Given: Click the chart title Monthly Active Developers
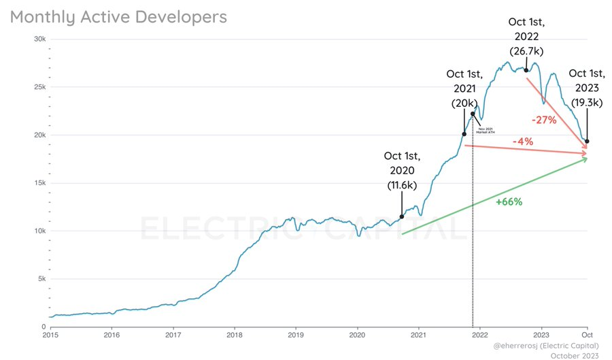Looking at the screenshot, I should click(x=118, y=17).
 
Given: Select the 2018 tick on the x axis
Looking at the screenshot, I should click(x=235, y=335).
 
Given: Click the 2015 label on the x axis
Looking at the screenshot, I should click(x=50, y=335).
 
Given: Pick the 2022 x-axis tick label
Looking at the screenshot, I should click(x=480, y=335).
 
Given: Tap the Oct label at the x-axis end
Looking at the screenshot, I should click(x=588, y=335).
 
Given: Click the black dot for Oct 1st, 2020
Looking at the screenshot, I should click(x=401, y=216).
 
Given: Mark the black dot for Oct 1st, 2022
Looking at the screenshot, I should click(x=526, y=70).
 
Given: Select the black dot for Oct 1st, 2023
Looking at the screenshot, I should click(x=587, y=142).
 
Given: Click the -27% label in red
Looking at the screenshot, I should click(x=544, y=120).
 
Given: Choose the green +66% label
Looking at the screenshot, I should click(x=509, y=202).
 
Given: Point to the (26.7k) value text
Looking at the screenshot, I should click(x=526, y=51).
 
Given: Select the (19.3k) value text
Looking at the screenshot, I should click(x=587, y=102).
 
